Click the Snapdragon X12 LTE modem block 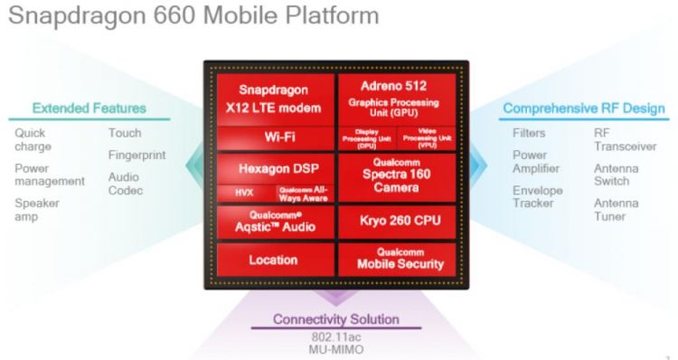click(274, 99)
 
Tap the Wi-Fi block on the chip click(274, 137)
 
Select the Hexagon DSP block click(274, 168)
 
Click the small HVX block click(244, 192)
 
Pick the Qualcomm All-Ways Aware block click(302, 192)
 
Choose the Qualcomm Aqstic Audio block click(274, 220)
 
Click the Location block click(274, 261)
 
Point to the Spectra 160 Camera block click(393, 177)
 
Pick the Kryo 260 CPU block click(393, 221)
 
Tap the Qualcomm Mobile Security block click(393, 259)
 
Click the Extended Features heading click(89, 109)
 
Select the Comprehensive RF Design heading click(583, 109)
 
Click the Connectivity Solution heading click(336, 319)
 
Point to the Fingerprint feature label click(137, 155)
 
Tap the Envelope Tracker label click(537, 197)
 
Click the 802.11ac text click(336, 336)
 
